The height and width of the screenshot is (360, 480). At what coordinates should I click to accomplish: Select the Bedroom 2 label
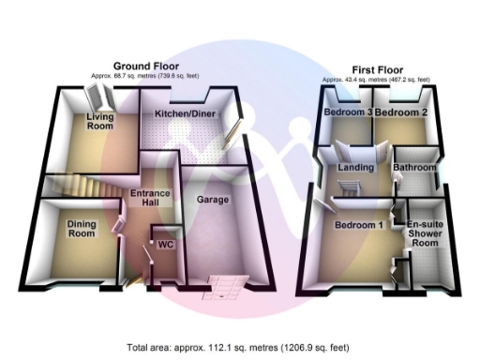coord(396,112)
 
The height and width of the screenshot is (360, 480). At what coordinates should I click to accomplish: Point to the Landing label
coord(356,168)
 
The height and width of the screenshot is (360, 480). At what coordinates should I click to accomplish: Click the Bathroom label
coord(414,168)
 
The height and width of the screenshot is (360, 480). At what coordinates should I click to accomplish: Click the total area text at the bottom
coord(239,346)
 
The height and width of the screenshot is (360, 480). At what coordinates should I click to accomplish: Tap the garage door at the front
coord(225,283)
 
